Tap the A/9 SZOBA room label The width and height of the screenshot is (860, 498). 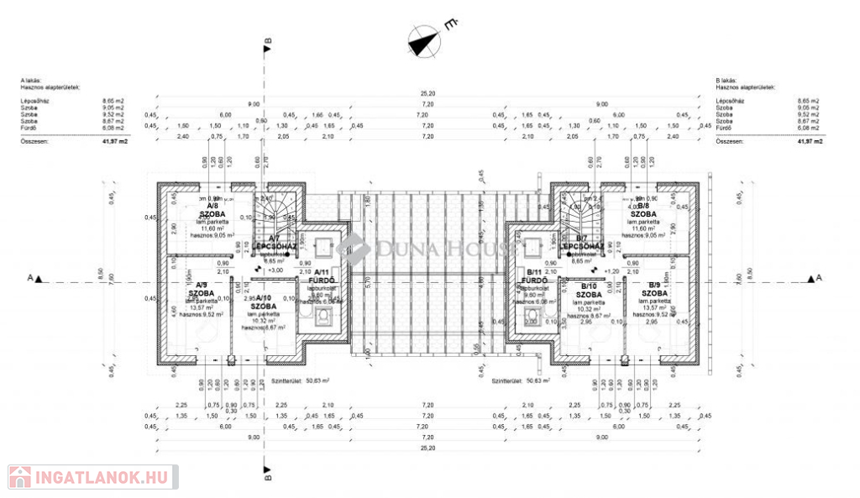click(200, 289)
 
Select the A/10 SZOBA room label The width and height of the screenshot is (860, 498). click(264, 302)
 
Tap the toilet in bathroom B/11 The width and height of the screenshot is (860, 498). click(530, 317)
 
